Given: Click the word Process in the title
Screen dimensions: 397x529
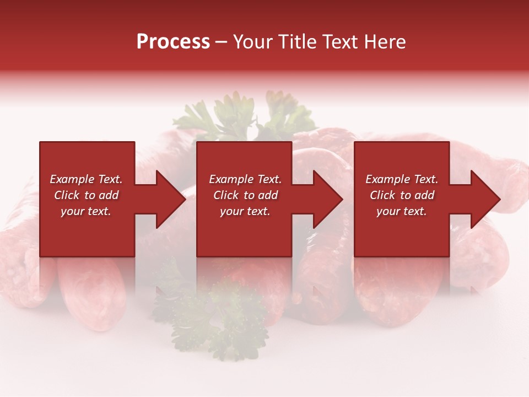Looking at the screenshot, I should click(173, 42).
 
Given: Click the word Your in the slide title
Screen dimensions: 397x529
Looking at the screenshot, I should click(252, 42).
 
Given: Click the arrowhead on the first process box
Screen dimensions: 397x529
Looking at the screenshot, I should click(170, 199).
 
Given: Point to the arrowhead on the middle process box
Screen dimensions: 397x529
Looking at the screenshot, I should click(327, 199).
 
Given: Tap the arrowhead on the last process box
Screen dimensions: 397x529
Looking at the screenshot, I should click(485, 199).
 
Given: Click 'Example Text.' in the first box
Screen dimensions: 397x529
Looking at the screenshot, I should click(86, 179).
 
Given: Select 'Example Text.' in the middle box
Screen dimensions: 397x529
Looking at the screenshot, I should click(245, 179).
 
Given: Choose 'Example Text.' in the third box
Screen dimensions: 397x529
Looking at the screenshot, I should click(402, 179).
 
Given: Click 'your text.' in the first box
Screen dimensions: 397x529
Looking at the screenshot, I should click(86, 211).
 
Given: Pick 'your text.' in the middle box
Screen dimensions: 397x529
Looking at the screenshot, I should click(245, 211).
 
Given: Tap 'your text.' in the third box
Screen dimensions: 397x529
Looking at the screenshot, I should click(402, 211).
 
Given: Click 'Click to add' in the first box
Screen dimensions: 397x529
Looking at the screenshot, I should click(86, 195).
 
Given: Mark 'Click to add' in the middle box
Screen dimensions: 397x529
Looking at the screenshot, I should click(245, 195).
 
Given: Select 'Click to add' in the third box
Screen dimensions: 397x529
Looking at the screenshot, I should click(402, 195).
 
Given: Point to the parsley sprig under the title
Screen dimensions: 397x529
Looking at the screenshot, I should click(237, 116).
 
